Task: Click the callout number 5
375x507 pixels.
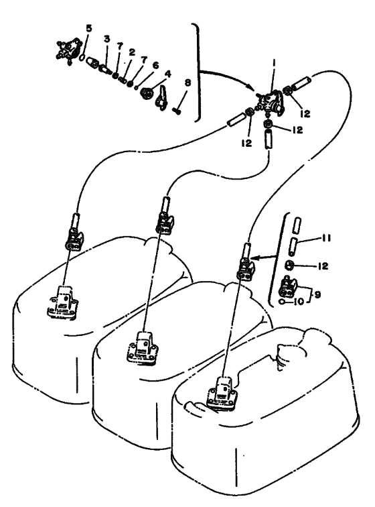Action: point(88,28)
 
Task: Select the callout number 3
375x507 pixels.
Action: point(106,39)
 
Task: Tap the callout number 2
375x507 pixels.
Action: point(131,52)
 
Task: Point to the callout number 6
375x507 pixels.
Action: point(155,65)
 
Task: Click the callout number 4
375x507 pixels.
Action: point(168,74)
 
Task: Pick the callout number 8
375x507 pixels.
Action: point(187,82)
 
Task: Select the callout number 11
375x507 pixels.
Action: point(326,238)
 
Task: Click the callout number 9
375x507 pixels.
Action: point(317,295)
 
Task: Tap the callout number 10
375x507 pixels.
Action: point(300,302)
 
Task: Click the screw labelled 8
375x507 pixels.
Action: point(176,111)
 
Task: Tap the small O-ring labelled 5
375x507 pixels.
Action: point(82,57)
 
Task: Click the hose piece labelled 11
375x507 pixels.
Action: point(295,246)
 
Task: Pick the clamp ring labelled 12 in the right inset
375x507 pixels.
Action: point(289,266)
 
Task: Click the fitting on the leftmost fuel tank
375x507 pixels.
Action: point(63,302)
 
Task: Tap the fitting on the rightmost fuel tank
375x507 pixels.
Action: point(221,394)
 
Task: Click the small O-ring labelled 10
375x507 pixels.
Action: point(283,302)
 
